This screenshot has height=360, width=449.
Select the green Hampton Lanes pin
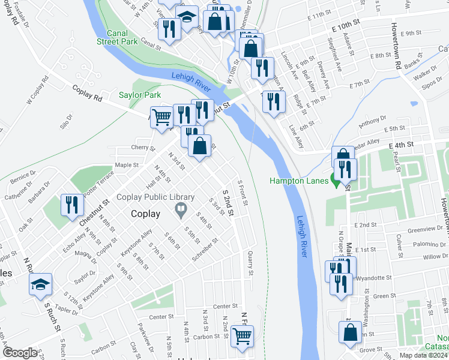[334, 180]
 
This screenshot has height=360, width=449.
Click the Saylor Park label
[140, 95]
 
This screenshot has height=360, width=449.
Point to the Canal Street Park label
[118, 37]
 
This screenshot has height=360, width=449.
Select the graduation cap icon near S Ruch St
[40, 284]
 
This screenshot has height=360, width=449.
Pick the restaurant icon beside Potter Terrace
[70, 205]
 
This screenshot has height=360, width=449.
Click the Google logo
[20, 353]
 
